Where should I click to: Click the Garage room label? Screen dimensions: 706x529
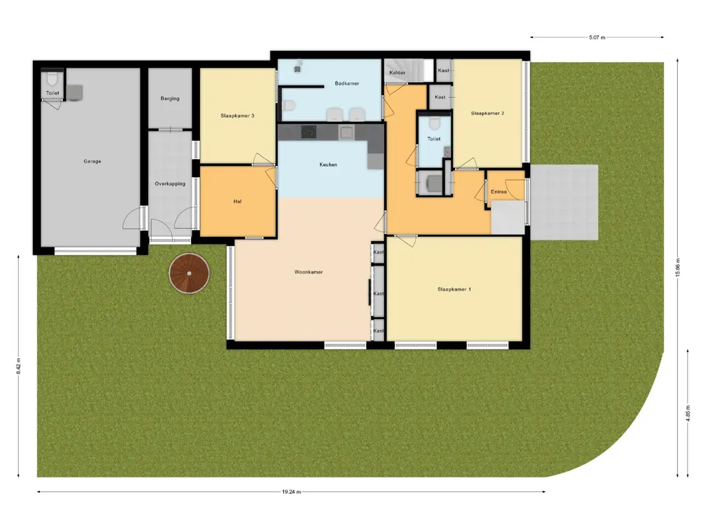point(92,161)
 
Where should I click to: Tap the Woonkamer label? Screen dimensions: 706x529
point(308,271)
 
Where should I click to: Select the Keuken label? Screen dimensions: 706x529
point(328,165)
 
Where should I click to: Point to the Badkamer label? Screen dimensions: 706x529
point(347,83)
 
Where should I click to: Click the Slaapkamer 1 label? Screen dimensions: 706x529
point(454,289)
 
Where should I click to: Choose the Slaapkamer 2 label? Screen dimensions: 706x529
point(487,114)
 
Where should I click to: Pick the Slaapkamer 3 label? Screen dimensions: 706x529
point(237,116)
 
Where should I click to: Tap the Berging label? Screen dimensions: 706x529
point(170,98)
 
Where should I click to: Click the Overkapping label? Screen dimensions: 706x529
point(170,183)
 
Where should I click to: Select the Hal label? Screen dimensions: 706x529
point(237,202)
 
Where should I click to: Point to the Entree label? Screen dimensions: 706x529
point(498,191)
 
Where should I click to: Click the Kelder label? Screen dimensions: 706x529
point(397,72)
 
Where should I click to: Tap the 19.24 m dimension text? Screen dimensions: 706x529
point(292,492)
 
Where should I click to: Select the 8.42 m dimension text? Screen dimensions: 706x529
point(19,366)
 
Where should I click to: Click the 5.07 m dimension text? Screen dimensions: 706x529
point(597,37)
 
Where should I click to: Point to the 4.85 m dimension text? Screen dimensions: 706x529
point(688,413)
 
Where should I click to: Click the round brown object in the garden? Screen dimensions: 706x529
point(189,273)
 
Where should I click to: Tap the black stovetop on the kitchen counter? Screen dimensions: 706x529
point(309,132)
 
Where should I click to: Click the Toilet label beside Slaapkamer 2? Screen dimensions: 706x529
point(434,139)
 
